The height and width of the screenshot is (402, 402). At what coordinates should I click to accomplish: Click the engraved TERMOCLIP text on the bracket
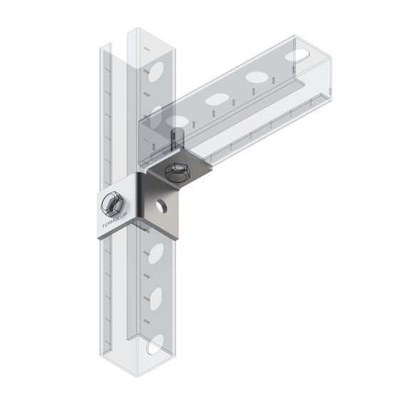point(116,222)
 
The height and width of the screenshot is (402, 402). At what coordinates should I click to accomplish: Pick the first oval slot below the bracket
point(156,253)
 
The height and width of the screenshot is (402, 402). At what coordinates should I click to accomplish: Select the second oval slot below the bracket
point(156,299)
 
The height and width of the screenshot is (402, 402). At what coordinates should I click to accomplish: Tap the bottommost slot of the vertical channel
point(155,344)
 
